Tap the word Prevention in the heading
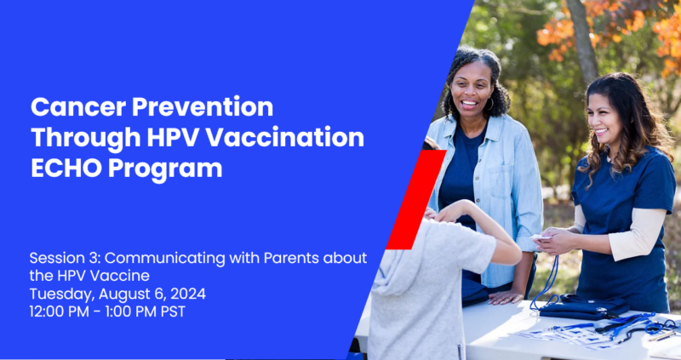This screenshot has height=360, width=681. tap(203, 107)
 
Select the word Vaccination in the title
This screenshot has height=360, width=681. tap(285, 137)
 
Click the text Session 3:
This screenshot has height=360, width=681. tap(66, 258)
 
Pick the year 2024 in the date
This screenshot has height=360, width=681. tap(188, 294)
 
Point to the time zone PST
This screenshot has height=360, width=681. tap(173, 311)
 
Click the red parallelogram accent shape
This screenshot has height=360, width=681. tap(415, 200)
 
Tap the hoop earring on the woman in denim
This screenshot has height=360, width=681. tap(491, 105)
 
